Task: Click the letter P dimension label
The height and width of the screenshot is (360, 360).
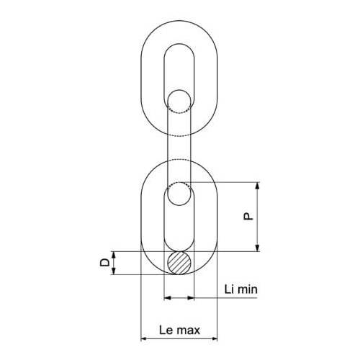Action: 248,217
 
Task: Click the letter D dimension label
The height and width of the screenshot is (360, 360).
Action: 104,263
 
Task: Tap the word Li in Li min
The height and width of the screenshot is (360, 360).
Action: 229,289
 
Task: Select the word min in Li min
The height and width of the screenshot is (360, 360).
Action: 247,289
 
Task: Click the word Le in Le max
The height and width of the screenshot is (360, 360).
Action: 166,330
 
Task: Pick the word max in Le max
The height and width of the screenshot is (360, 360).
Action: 188,331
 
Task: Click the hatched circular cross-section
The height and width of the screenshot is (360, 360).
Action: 179,263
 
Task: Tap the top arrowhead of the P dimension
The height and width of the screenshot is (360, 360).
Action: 257,186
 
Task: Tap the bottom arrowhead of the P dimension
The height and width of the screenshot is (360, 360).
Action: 257,248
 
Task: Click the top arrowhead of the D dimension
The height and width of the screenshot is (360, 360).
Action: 114,255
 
